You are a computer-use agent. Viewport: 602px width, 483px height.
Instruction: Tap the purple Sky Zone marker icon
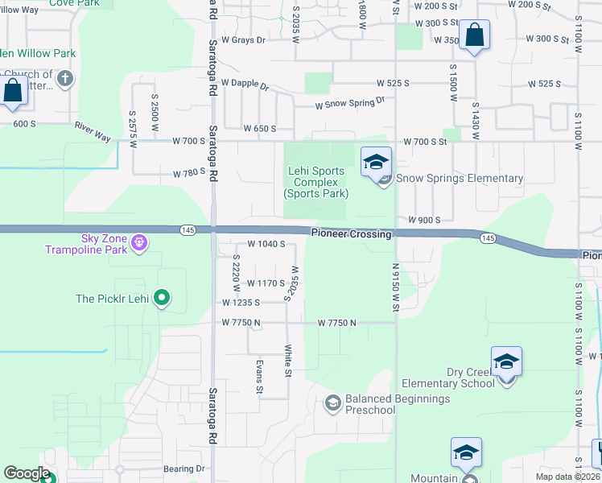138,241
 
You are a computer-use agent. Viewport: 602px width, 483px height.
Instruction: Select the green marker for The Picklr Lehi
162,298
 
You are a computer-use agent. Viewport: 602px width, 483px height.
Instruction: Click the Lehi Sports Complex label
315,182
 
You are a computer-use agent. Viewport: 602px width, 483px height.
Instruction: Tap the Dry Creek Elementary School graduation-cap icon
506,361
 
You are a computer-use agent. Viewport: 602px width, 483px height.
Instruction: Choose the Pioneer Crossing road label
352,234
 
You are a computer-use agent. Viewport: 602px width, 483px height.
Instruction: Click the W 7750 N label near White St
337,323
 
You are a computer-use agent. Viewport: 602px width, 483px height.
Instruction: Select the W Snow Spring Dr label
350,103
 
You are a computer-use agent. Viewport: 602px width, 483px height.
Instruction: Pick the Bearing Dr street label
184,468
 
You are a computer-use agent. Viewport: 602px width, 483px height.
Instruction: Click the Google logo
27,473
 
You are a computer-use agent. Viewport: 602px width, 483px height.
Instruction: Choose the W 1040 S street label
266,244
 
